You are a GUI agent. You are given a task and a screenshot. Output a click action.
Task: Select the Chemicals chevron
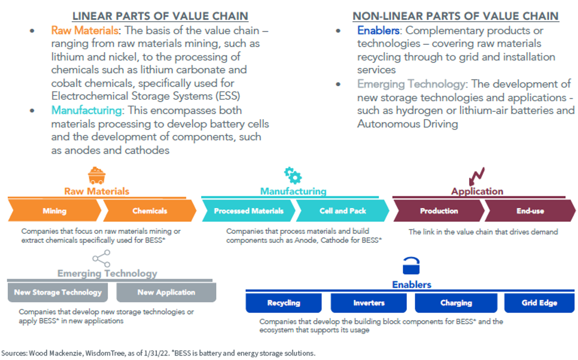150,211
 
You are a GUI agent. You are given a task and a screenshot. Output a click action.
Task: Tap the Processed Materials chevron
249,211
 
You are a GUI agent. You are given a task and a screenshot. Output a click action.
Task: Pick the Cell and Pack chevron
342,211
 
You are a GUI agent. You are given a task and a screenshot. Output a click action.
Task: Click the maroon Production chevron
439,211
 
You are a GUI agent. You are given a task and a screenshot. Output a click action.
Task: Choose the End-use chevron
530,211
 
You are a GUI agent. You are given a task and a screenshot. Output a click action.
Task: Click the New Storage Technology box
58,293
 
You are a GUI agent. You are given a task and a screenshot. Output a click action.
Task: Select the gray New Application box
166,293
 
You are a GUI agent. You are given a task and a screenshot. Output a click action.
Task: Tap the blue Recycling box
284,303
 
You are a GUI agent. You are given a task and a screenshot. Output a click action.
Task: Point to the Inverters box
369,303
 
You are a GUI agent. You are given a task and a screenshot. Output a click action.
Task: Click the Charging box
456,303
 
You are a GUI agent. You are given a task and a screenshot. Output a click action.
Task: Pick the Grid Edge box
539,303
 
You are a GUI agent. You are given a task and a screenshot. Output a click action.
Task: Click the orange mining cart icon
96,175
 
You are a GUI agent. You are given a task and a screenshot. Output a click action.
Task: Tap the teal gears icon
293,175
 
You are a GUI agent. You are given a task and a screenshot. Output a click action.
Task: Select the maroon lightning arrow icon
476,176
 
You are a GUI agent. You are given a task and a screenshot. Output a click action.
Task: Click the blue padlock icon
411,266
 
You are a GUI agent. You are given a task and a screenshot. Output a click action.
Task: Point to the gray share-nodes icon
102,258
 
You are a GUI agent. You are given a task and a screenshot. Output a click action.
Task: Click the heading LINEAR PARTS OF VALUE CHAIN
160,16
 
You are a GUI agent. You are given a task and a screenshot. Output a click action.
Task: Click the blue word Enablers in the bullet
378,30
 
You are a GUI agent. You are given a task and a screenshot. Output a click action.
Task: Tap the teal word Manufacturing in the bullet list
86,110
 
